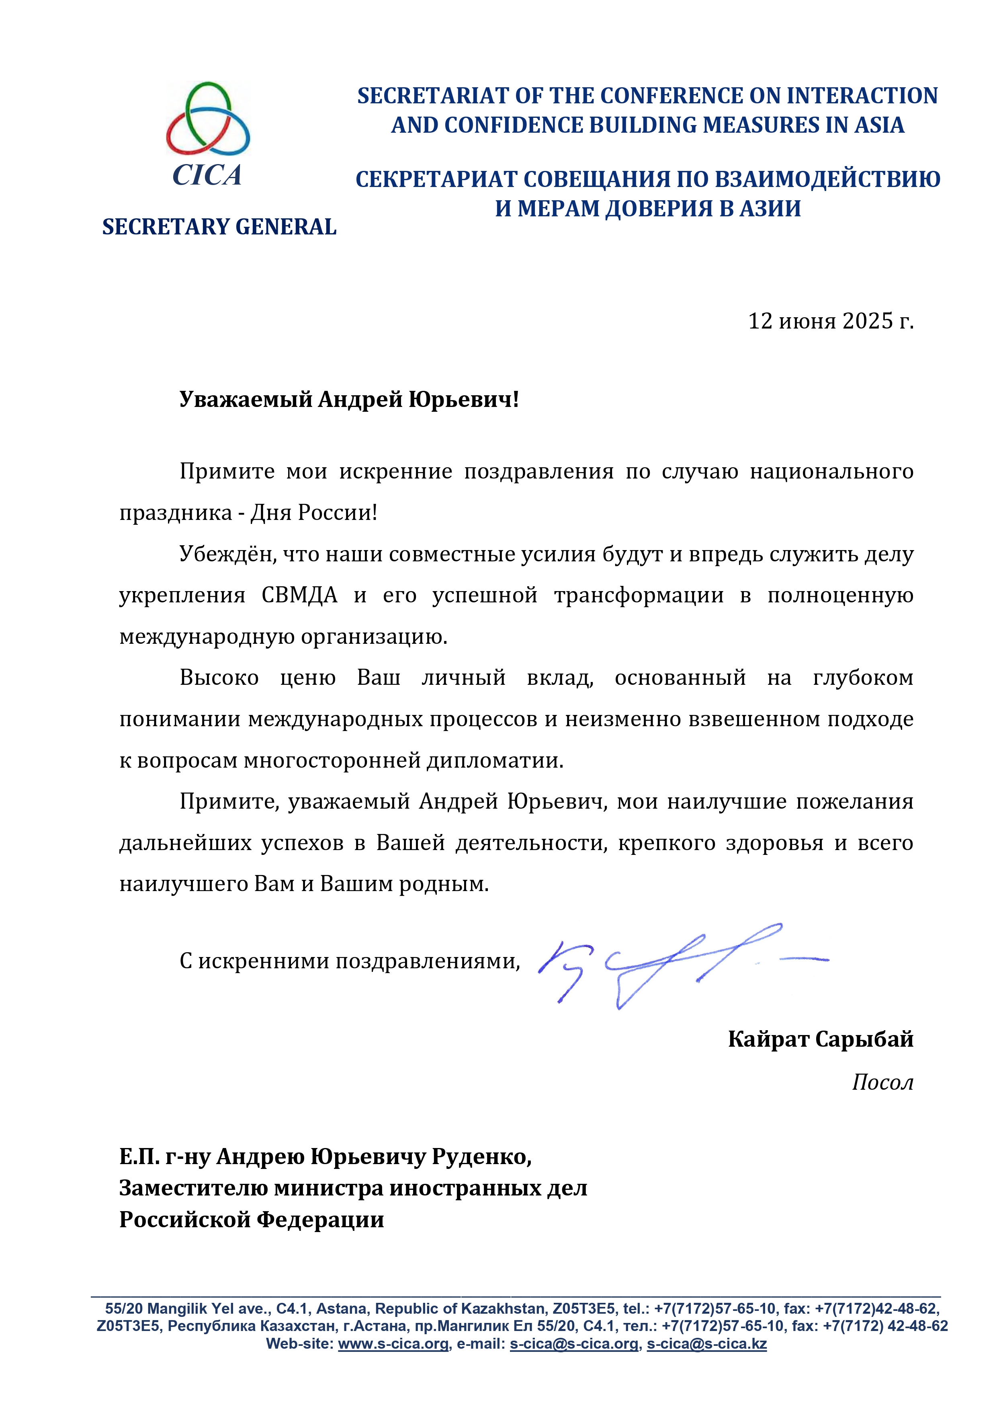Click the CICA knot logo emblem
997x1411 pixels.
click(x=208, y=119)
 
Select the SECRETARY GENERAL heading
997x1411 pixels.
click(x=219, y=227)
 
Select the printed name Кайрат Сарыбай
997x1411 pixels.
click(x=820, y=1039)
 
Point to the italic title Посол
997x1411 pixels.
click(x=882, y=1082)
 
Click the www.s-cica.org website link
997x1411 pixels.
click(x=393, y=1344)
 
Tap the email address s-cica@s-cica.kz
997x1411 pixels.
click(x=706, y=1344)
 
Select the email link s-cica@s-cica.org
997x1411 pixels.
click(x=574, y=1344)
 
